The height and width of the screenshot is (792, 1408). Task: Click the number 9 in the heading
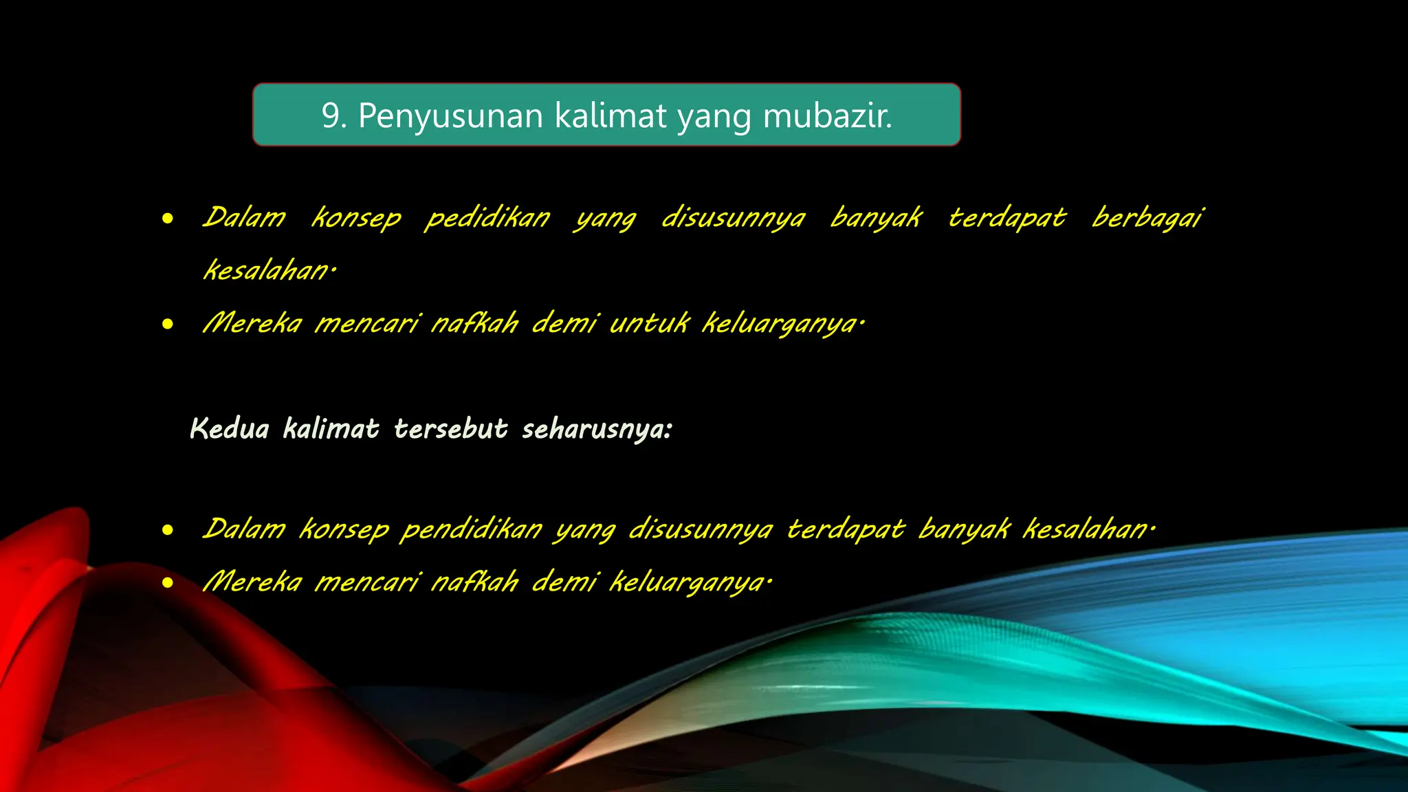point(331,115)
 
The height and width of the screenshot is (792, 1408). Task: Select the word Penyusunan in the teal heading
point(450,115)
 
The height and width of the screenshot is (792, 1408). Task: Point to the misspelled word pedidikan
point(487,219)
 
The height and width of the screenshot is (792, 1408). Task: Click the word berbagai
point(1147,219)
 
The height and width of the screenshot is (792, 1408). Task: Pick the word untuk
point(649,323)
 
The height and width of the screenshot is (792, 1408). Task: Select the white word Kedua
point(229,429)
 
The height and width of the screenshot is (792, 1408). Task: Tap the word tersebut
point(451,429)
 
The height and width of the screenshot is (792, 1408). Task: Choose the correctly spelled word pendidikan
point(471,530)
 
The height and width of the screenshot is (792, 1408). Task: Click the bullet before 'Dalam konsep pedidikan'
point(168,219)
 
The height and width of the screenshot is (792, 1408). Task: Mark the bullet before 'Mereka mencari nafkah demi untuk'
point(168,324)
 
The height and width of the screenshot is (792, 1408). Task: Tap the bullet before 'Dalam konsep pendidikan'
point(168,530)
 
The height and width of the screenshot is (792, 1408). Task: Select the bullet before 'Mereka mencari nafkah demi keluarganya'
point(168,583)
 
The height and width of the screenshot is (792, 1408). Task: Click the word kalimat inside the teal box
point(610,115)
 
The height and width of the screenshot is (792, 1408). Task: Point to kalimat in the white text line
point(331,429)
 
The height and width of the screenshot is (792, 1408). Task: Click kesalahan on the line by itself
point(268,271)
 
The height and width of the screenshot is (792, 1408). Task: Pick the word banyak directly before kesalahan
point(964,530)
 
